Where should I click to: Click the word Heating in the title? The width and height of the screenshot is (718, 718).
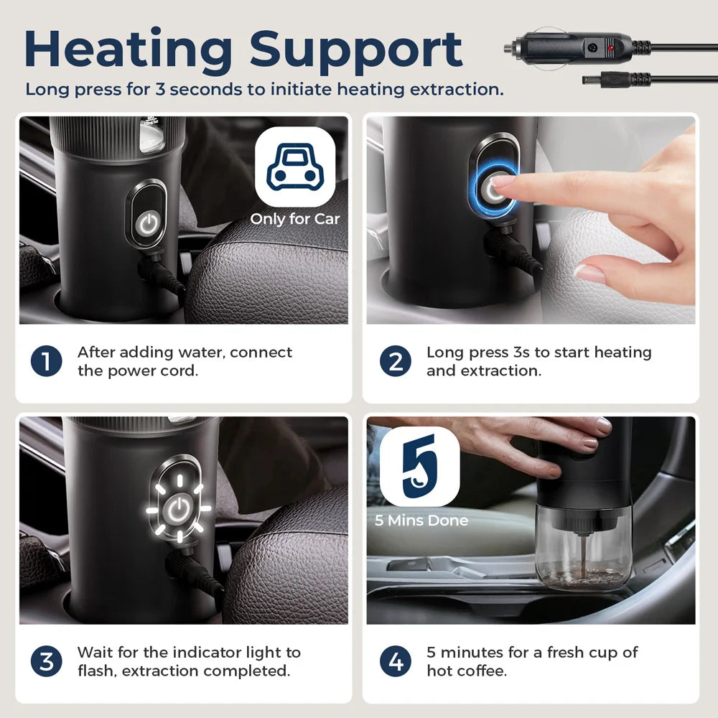point(129,51)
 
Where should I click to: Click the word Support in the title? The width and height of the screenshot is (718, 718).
point(356,51)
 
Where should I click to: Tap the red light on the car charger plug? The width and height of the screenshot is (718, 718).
point(610,47)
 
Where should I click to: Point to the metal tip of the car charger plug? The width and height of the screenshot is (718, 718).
point(509,47)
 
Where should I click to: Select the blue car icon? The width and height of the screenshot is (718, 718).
point(295,167)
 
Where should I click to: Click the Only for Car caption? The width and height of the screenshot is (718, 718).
point(295,219)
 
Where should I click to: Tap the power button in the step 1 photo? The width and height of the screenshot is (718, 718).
point(148,224)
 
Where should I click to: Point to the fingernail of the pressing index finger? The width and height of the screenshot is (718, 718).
point(503,182)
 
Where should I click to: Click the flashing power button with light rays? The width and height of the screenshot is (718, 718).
point(179,509)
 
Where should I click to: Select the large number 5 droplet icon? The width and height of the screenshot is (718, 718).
point(420,466)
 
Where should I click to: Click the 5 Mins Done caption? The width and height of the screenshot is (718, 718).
point(421,520)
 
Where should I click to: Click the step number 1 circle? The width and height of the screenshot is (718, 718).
point(46,361)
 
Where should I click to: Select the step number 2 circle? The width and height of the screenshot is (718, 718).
point(395,361)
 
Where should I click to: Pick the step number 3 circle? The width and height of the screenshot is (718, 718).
point(46,662)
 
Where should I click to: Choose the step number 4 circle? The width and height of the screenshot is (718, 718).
point(395,662)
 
